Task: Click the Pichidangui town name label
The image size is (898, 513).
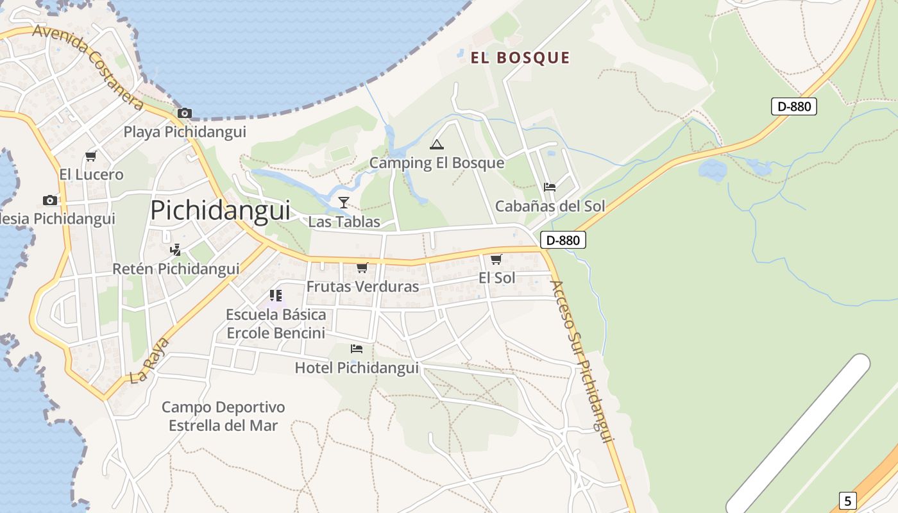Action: click(220, 210)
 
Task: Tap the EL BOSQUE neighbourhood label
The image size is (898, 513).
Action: click(520, 58)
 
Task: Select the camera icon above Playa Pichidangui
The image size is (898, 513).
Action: click(185, 114)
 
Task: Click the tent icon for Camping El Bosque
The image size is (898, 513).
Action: click(437, 144)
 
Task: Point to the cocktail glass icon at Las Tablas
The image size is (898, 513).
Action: click(344, 203)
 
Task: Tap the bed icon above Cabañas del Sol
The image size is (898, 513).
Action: click(550, 187)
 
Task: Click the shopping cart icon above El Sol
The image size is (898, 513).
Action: click(496, 260)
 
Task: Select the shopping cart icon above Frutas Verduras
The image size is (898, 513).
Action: click(362, 268)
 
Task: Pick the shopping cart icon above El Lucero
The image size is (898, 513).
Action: click(90, 156)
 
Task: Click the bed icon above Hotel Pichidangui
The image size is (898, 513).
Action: click(357, 349)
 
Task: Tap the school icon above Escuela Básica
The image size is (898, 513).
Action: click(276, 296)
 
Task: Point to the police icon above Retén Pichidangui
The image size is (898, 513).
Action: click(175, 249)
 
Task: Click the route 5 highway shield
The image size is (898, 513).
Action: click(847, 501)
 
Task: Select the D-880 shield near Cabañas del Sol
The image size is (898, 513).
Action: click(563, 240)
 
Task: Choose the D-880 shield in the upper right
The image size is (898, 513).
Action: click(794, 106)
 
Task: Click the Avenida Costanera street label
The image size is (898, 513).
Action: click(88, 67)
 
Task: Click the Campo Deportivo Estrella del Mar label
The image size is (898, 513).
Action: click(223, 416)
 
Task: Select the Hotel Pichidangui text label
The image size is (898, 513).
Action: click(357, 368)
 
